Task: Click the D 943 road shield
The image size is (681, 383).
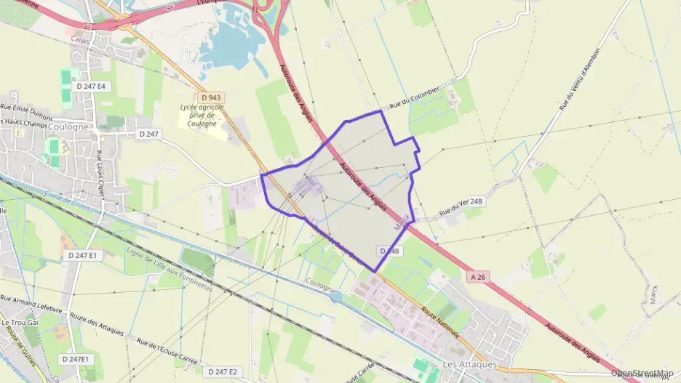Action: click(211, 97)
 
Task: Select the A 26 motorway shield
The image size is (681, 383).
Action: click(478, 276)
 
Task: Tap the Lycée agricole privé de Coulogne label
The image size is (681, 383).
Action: click(200, 115)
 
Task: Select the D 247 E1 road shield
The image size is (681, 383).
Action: click(82, 255)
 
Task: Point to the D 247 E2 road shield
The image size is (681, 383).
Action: click(223, 371)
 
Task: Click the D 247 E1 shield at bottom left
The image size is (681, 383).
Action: click(75, 359)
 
